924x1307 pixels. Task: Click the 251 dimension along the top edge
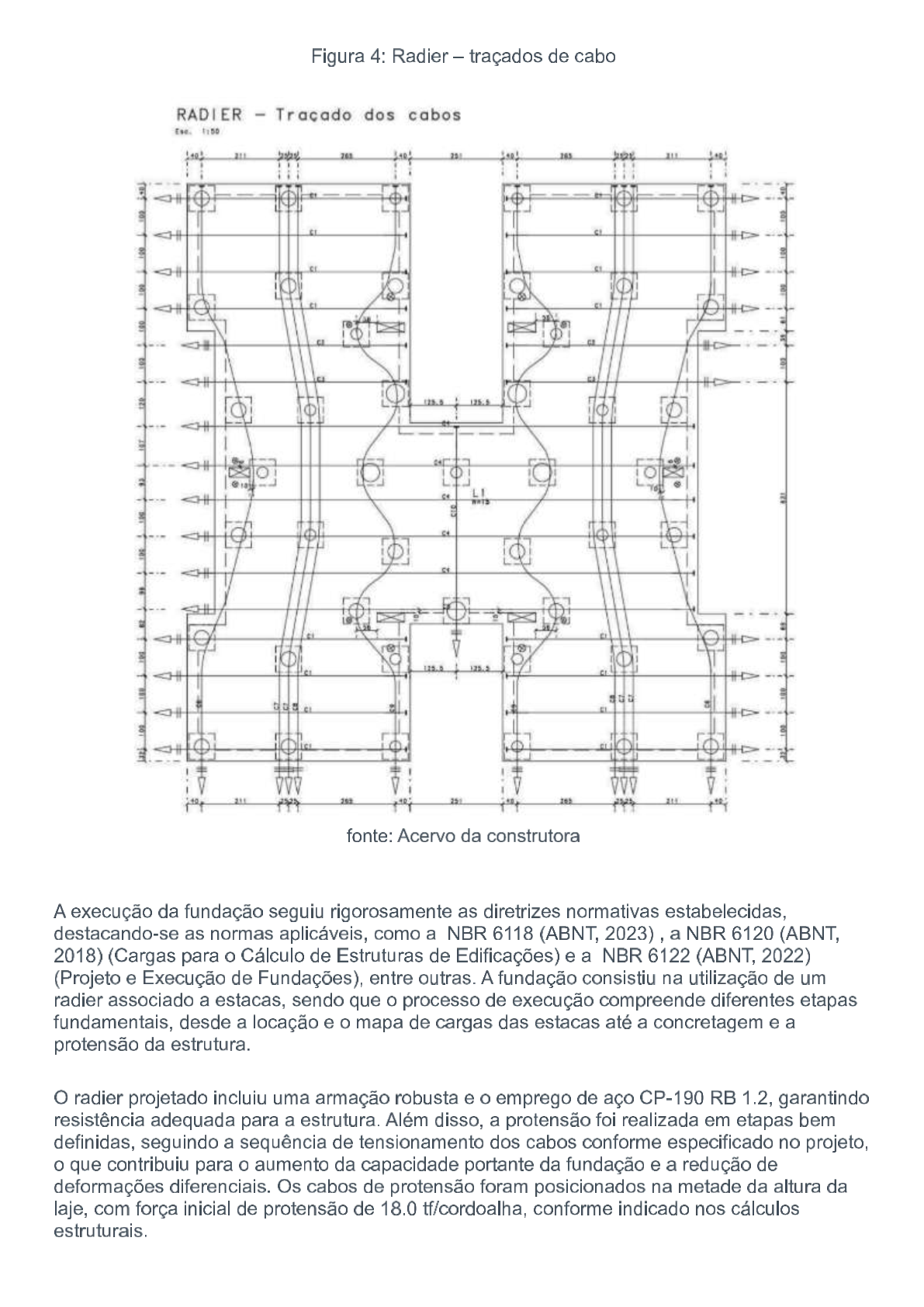pyautogui.click(x=456, y=157)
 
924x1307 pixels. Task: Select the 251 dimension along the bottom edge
pyautogui.click(x=456, y=800)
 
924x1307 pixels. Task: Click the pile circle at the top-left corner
pyautogui.click(x=202, y=199)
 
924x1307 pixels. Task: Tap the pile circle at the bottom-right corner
pyautogui.click(x=709, y=747)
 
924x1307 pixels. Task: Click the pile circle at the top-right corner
pyautogui.click(x=709, y=199)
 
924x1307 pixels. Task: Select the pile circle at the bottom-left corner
pyautogui.click(x=202, y=747)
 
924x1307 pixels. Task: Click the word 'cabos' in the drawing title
pyautogui.click(x=434, y=115)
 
